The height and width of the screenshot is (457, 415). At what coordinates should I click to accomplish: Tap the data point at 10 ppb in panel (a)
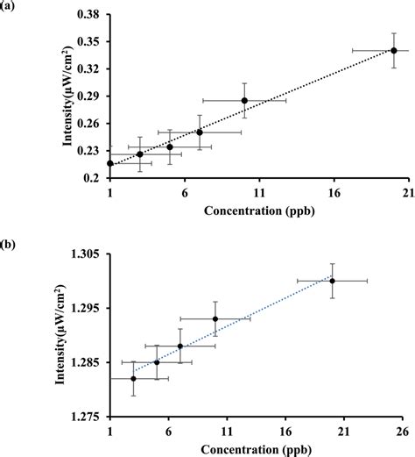244,101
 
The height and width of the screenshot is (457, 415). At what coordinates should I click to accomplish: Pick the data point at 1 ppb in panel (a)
110,163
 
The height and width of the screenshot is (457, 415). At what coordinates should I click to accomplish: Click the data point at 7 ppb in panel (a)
200,132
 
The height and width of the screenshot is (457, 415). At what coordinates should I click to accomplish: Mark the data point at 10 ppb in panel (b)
215,318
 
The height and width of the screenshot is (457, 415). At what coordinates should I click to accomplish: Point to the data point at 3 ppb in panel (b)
133,378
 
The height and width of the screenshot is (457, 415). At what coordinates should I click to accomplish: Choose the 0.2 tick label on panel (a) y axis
91,178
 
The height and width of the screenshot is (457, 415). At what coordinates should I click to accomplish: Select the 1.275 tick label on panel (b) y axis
84,417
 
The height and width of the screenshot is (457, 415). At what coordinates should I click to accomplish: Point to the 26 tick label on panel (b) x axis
400,432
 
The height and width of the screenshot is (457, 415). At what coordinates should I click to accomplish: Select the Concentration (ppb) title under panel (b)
254,448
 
